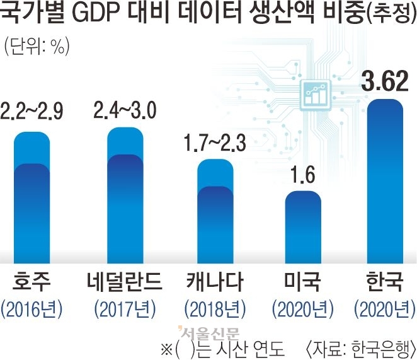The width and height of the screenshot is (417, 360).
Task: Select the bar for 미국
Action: pyautogui.click(x=303, y=224)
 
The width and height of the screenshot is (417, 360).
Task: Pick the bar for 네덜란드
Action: pyautogui.click(x=125, y=199)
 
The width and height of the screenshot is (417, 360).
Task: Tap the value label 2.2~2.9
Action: pyautogui.click(x=31, y=117)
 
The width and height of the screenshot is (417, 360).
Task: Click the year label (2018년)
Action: pyautogui.click(x=215, y=309)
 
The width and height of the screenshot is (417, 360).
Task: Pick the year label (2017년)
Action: pyautogui.click(x=124, y=309)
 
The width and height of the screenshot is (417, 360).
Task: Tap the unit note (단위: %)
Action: pyautogui.click(x=37, y=45)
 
